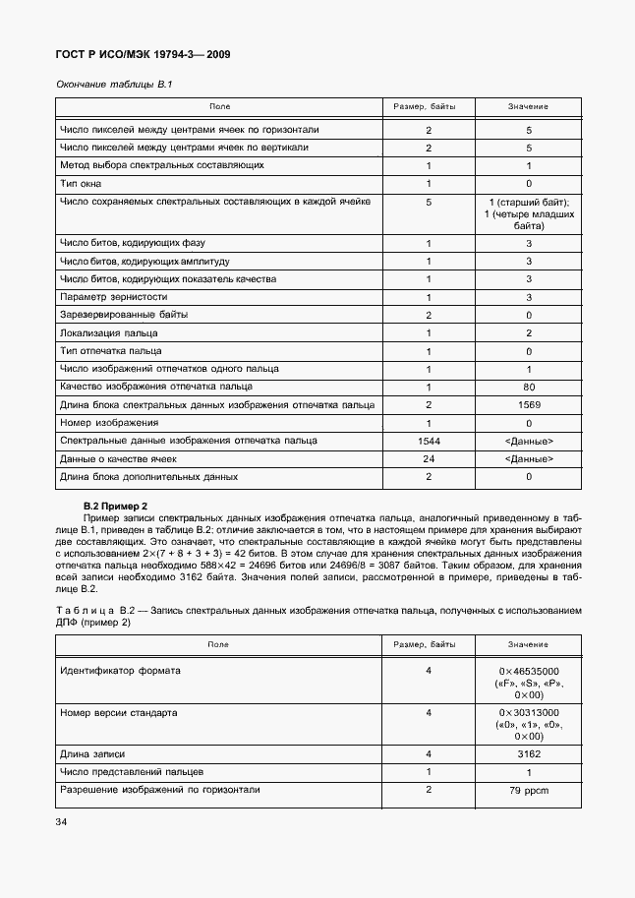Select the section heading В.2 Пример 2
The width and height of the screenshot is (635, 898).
[119, 506]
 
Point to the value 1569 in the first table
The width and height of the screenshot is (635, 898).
[528, 404]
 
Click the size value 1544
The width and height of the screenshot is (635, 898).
[429, 441]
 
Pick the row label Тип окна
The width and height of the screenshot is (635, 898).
[81, 183]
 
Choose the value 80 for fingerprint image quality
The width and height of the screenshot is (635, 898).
[528, 387]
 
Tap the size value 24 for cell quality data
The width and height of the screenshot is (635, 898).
[429, 458]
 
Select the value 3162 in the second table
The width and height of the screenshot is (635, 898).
[528, 753]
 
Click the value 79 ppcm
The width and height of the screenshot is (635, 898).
[528, 790]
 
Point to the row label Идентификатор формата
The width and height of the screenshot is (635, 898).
[120, 670]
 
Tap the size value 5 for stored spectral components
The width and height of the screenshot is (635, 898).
[429, 202]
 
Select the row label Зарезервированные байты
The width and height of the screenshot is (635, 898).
[123, 315]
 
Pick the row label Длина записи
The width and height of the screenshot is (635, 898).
[92, 753]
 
